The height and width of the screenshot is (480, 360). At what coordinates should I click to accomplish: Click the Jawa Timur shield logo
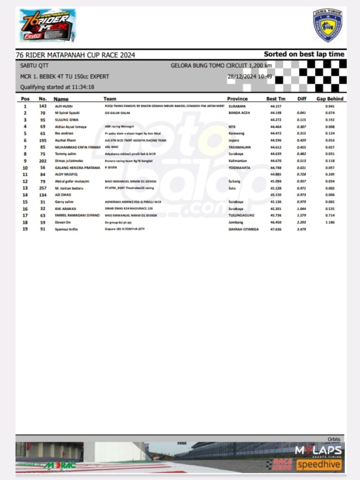pos(327,25)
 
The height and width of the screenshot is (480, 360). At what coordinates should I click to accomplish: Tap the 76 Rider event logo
pos(46,26)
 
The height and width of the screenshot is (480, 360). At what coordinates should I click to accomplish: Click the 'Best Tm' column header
pos(276,99)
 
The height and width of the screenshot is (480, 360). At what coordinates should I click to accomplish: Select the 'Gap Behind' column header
pos(330,99)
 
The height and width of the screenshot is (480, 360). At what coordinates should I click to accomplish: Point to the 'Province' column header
pos(237,99)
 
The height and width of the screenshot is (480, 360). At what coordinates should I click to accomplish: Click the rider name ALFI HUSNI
pos(64,106)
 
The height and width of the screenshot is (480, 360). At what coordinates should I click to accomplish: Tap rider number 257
pos(43,188)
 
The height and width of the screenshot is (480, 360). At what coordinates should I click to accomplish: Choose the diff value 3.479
pos(301,229)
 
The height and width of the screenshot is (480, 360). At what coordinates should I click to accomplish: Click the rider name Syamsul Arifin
pos(67,229)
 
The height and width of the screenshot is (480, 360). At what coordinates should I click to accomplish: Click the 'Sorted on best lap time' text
pos(304,54)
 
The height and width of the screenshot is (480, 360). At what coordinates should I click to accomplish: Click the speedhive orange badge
pos(319,465)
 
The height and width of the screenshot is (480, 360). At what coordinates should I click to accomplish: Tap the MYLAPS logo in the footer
pos(318,451)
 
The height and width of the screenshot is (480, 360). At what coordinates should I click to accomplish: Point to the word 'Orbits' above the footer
pos(334,439)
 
